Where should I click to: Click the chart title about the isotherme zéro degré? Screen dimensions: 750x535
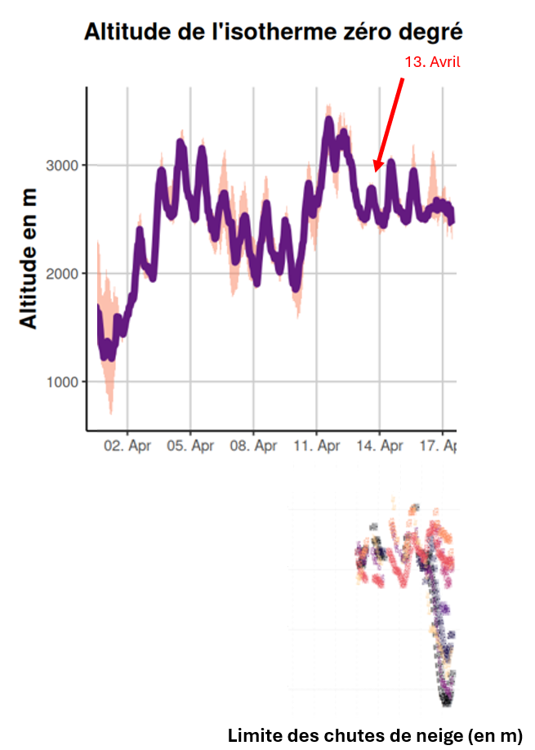(x=274, y=33)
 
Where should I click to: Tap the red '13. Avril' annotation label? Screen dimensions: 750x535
(x=433, y=62)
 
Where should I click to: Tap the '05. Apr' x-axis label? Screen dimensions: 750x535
(x=190, y=446)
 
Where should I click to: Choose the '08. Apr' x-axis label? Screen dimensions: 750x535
(x=253, y=446)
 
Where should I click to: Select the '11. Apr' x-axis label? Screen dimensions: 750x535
(x=317, y=446)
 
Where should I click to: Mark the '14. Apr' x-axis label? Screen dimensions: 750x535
(x=380, y=446)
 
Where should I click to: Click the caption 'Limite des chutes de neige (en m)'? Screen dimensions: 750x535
(x=375, y=734)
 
